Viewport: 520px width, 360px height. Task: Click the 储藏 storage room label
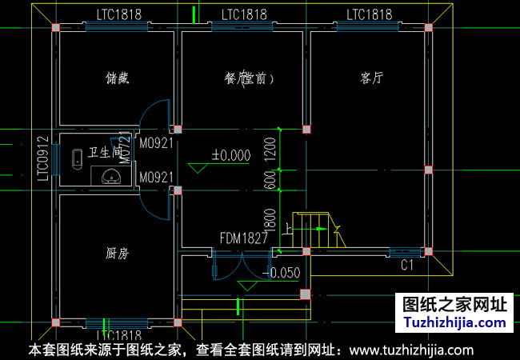118,78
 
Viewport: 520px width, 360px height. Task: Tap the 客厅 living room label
372,78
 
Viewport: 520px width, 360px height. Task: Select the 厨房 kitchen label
118,253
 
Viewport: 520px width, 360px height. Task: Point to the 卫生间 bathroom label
105,152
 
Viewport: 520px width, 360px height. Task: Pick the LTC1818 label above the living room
369,14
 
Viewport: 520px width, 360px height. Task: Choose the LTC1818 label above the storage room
118,14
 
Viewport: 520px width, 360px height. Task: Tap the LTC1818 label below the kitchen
118,335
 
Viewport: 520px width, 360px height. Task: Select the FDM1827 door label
244,238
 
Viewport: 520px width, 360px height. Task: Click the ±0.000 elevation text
230,155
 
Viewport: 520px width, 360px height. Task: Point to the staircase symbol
313,230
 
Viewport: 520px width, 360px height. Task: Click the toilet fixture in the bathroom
77,159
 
